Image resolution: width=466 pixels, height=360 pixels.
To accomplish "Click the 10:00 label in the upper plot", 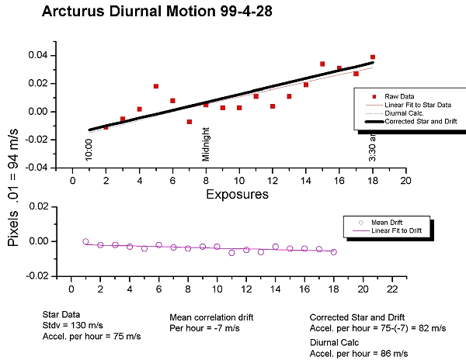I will [x=89, y=148].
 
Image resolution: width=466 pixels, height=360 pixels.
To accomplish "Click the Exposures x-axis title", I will [x=237, y=195].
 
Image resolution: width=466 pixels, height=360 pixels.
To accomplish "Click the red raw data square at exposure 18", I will [x=373, y=57].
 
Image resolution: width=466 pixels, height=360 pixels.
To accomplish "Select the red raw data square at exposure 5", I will [x=156, y=86].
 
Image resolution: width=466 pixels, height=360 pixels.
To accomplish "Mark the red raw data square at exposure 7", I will [x=189, y=122].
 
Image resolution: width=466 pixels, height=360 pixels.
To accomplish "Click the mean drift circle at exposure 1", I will [x=85, y=241].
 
